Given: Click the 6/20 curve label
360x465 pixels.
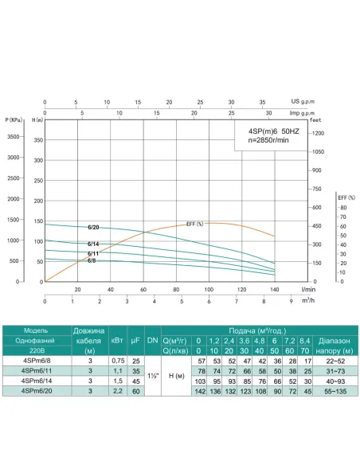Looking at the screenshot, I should coord(93,228).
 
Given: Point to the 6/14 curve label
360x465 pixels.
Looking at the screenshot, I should coord(93,244).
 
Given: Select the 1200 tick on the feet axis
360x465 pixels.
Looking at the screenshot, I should coord(318,133).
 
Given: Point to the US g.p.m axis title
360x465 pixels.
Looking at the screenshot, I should coord(300,102).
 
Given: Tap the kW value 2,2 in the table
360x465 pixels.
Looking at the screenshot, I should coord(117,392).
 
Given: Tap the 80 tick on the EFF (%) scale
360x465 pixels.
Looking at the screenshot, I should coord(342,208).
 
